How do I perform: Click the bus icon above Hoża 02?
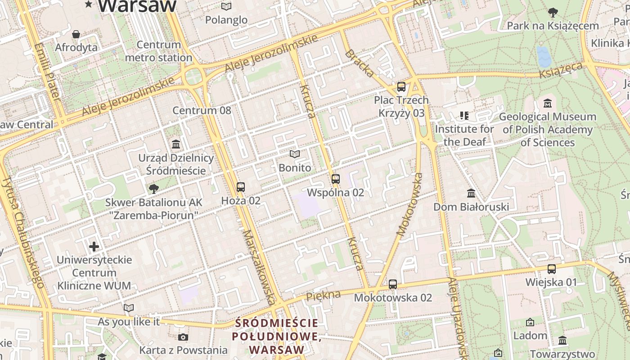tap(241, 187)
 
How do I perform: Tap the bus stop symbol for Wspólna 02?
tap(335, 179)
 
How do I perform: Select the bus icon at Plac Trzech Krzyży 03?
tap(401, 87)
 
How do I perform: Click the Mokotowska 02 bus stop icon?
tap(393, 284)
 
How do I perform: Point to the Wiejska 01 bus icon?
tap(551, 269)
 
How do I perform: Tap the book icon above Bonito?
tap(295, 154)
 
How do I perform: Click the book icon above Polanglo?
tap(226, 6)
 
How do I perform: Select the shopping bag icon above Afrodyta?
tap(76, 34)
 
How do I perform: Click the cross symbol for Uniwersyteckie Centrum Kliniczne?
tap(94, 246)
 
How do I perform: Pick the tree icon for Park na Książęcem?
tap(553, 13)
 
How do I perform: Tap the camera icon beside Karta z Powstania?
tap(183, 337)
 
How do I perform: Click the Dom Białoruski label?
tap(471, 207)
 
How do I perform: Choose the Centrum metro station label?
tap(158, 51)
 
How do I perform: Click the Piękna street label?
tap(323, 296)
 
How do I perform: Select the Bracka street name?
tap(360, 63)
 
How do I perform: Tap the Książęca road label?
tap(561, 70)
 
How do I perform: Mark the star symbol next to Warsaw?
tap(89, 4)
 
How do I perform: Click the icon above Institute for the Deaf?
tap(464, 116)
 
